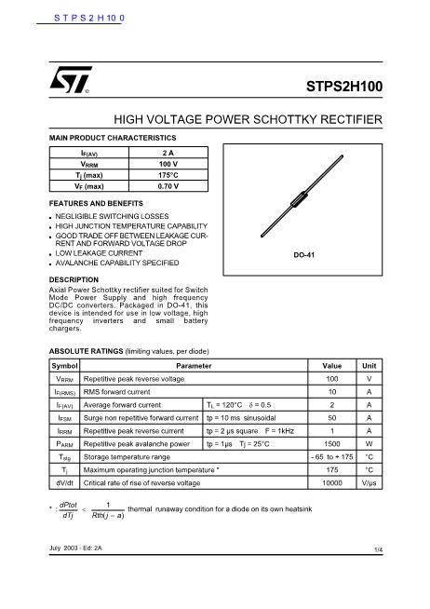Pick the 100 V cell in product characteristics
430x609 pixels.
point(168,163)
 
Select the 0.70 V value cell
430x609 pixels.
point(168,185)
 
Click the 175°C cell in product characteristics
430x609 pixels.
point(168,174)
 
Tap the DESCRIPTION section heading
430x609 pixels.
point(74,279)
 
